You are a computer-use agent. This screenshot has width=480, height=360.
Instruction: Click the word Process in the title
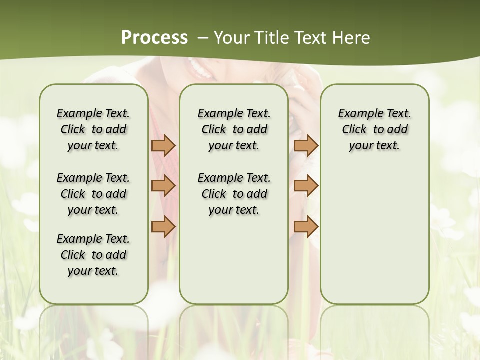(x=154, y=37)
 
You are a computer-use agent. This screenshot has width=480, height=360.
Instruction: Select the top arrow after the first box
(x=163, y=145)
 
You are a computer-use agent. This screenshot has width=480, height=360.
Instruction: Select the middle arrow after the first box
(x=163, y=186)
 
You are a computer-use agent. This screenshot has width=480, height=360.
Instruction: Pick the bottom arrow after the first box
(x=163, y=226)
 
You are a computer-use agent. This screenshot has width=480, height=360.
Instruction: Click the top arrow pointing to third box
(x=306, y=145)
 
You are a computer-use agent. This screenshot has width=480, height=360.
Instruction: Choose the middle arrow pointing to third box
(x=306, y=186)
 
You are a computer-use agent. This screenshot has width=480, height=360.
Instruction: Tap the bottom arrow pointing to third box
(x=306, y=226)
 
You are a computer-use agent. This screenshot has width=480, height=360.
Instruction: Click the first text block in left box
(x=93, y=129)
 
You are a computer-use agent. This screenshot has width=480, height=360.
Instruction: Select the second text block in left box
(x=93, y=194)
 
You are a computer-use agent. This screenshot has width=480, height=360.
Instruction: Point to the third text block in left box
(x=93, y=255)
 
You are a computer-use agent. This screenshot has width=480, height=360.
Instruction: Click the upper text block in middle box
(x=234, y=129)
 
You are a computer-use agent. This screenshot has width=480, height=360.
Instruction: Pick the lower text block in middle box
(x=234, y=194)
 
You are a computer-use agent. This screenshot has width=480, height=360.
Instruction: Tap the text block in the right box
(x=374, y=129)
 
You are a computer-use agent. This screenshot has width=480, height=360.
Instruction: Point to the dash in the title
(x=203, y=38)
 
